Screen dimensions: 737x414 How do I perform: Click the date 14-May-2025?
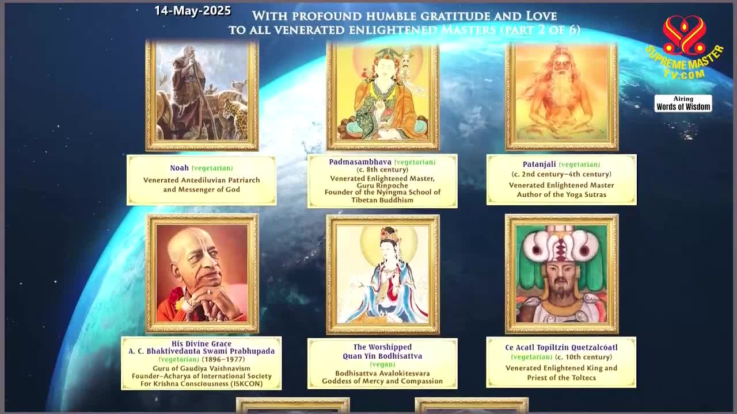click(192, 10)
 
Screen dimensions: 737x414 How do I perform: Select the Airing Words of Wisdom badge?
click(683, 103)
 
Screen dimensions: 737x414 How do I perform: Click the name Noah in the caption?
click(179, 168)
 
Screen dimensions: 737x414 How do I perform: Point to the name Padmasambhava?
click(360, 162)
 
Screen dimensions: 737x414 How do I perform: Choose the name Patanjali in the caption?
click(540, 164)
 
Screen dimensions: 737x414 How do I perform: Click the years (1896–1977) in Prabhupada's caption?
click(223, 359)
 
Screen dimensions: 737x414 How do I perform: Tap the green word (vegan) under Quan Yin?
click(382, 365)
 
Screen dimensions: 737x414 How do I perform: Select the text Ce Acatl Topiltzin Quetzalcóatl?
click(561, 348)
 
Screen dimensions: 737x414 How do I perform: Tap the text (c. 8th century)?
click(382, 170)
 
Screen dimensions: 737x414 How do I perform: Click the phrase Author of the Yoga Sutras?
click(561, 194)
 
